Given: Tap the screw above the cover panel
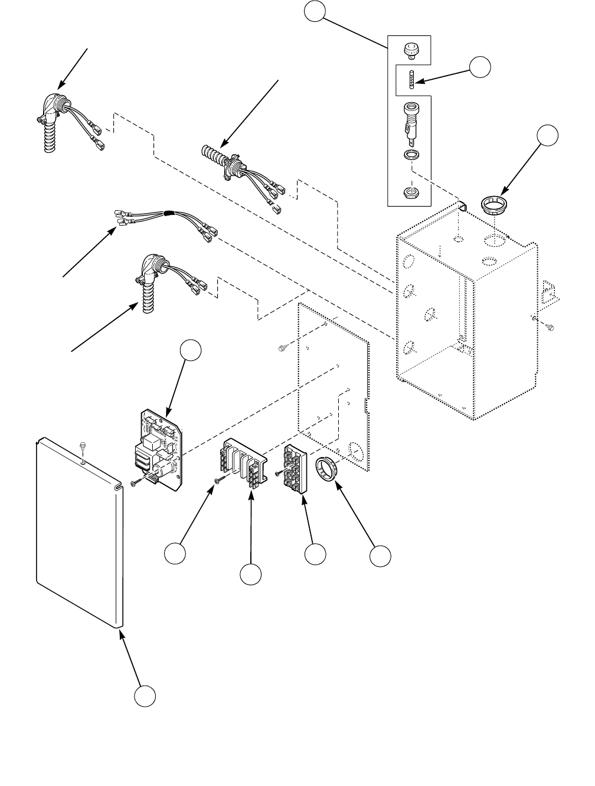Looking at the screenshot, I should [x=82, y=443].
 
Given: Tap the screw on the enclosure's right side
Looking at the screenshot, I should [x=549, y=325].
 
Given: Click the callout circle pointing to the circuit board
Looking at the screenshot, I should [x=191, y=350].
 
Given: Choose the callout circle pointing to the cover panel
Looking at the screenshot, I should [x=145, y=696].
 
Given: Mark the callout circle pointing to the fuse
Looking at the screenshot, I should [x=480, y=67].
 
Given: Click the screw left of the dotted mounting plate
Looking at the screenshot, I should [x=282, y=348].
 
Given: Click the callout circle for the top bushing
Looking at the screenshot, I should [x=548, y=136].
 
